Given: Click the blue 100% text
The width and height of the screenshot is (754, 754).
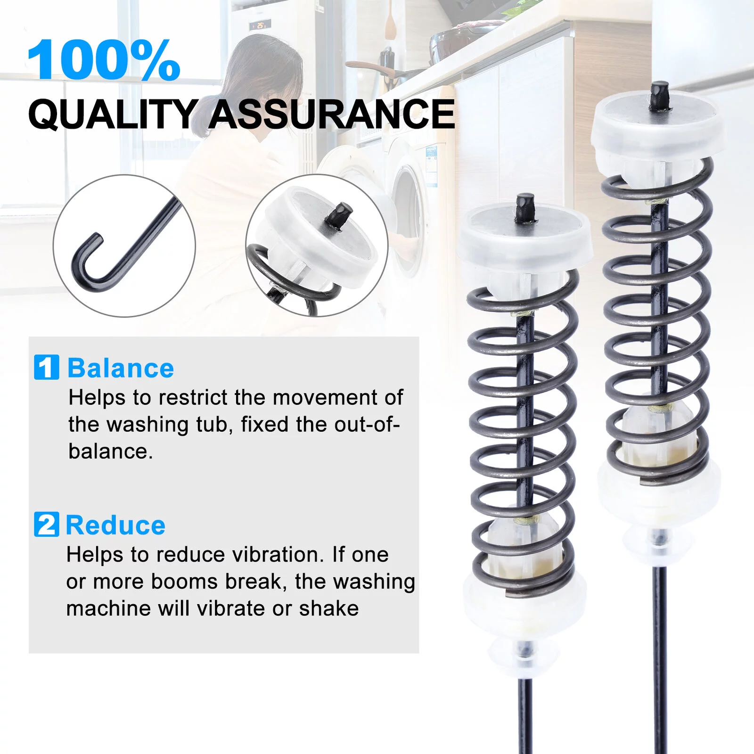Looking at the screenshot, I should pos(104,60).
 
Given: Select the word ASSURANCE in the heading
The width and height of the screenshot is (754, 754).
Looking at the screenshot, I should pos(332,114).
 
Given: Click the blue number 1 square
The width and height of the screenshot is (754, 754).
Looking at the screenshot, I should pos(46,367).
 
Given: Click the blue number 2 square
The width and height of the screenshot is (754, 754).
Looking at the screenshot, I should pos(46,524).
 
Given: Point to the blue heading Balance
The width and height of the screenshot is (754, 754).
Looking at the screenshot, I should pos(121,368).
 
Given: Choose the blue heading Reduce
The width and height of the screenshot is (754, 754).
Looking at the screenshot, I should pos(115,525).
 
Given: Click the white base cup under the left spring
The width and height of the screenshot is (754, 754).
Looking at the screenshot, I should pos(524,608).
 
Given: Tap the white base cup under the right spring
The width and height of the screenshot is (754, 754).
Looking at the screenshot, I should pos(659,492).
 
